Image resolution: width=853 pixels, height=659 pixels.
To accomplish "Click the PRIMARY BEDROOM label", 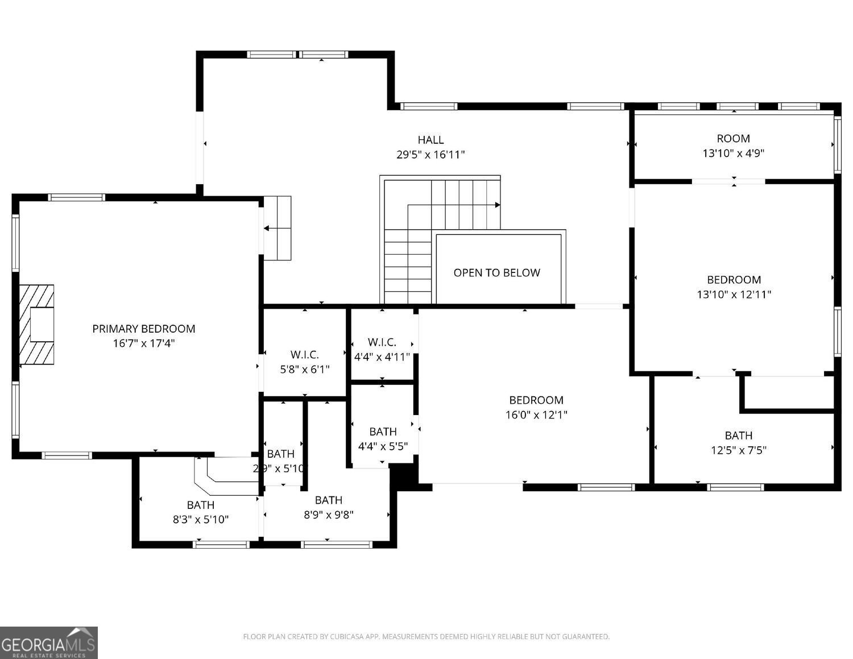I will pos(143,329).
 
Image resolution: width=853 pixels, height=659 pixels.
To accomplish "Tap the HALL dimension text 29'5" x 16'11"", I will pos(430,154).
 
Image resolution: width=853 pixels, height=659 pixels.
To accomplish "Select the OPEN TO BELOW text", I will pos(496,273).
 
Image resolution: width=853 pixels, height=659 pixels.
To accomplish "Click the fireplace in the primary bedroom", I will pos(37,324).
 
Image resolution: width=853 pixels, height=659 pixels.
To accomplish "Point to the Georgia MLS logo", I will pos(49,643).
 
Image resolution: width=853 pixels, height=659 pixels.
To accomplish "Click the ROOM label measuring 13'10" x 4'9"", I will pos(733,138).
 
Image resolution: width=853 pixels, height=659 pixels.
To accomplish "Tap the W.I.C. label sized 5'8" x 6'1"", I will pos(304,355).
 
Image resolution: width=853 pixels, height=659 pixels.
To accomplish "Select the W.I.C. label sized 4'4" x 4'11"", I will pos(382,342).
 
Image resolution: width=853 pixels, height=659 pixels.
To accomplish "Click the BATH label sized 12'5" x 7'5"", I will pos(738,436).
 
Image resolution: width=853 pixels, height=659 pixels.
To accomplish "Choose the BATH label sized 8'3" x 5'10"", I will pos(200,505).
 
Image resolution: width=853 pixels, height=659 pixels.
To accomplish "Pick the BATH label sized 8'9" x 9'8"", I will pos(328,500).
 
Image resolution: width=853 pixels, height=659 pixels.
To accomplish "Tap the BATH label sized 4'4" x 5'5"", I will pos(383,432).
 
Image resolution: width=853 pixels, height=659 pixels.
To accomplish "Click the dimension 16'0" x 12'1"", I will pos(536,415).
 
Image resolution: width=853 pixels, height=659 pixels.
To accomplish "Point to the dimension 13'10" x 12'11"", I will pos(734,295).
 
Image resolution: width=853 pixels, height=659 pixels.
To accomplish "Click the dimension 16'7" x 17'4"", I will pos(143,343).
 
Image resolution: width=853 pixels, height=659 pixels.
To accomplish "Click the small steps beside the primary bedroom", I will pos(278,228).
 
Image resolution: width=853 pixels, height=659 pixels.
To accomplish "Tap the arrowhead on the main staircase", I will pos(498,205).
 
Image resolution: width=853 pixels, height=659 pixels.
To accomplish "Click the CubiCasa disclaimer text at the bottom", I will pos(426,637).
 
